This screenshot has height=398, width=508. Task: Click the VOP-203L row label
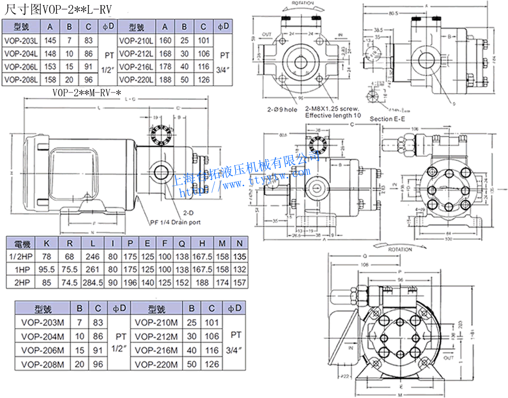click(x=21, y=40)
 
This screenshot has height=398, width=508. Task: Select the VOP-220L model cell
click(x=136, y=79)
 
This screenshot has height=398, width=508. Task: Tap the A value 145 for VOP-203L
click(x=50, y=40)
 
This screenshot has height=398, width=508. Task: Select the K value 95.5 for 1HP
click(x=46, y=269)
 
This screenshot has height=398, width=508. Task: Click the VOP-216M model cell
click(x=156, y=350)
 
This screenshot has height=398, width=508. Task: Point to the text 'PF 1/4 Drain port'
click(x=175, y=222)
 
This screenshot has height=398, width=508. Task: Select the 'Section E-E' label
click(x=388, y=118)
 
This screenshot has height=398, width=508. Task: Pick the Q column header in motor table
click(x=181, y=243)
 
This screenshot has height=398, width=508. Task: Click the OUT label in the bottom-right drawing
click(x=449, y=358)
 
